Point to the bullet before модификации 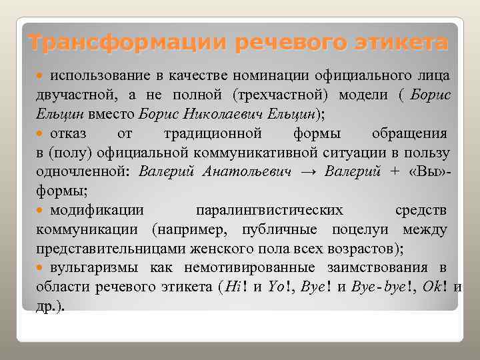pyautogui.click(x=43, y=211)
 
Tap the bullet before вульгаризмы pyautogui.click(x=43, y=269)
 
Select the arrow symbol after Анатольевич pyautogui.click(x=308, y=171)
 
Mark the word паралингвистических pyautogui.click(x=269, y=211)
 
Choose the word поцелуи pyautogui.click(x=366, y=230)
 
